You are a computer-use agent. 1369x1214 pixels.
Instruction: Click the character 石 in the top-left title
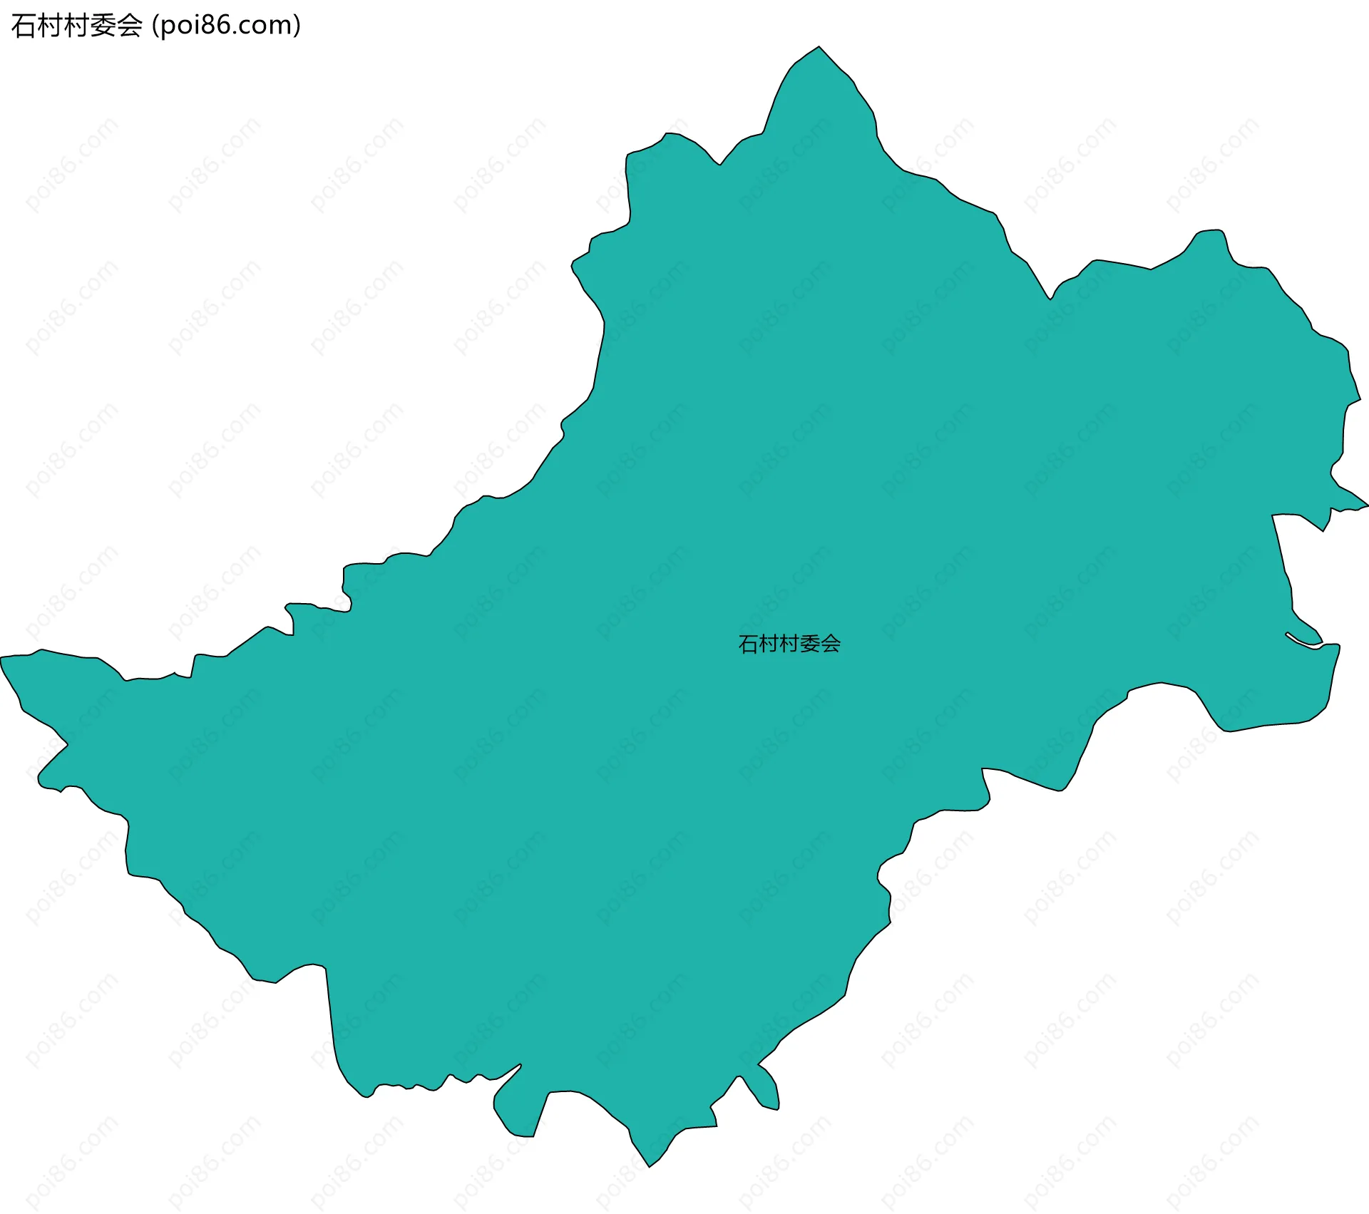pos(23,26)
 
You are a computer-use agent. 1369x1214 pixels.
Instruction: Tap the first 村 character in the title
pos(49,26)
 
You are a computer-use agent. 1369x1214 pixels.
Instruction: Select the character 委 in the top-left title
pos(103,26)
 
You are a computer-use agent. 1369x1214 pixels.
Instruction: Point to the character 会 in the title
pos(129,26)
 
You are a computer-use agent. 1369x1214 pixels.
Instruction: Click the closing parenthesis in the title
pos(297,26)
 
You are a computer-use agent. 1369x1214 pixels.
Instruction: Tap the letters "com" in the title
pos(264,26)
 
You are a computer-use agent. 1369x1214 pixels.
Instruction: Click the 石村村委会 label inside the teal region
pos(789,644)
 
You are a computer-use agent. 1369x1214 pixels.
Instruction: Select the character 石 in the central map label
pos(748,644)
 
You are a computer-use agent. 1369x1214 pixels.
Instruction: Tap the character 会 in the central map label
pos(831,644)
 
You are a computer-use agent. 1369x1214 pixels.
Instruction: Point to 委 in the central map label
pos(810,644)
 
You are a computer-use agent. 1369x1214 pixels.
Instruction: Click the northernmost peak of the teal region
pos(819,48)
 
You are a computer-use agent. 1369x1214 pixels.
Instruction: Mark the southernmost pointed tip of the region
pos(649,1166)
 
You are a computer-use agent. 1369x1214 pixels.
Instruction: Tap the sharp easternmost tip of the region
pos(1366,505)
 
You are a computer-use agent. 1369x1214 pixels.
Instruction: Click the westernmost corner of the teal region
pos(2,657)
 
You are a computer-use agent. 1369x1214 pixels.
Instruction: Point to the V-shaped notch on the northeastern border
pos(1050,297)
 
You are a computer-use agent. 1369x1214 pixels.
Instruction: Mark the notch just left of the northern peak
pos(720,164)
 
